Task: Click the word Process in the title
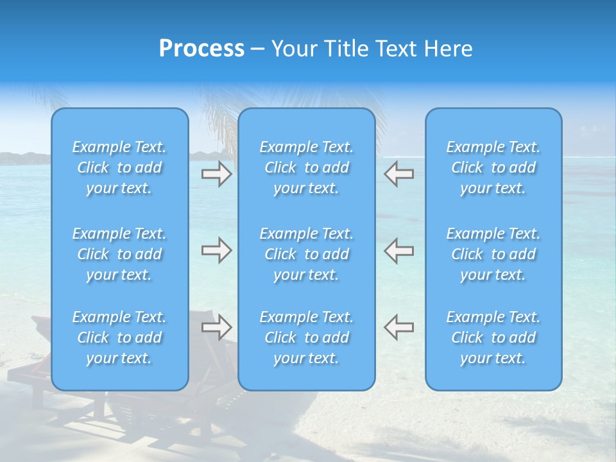(x=201, y=49)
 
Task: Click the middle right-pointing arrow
(x=216, y=250)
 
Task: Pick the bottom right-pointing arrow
(x=216, y=327)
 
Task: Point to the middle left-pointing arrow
(x=398, y=250)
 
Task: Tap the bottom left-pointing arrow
(x=398, y=327)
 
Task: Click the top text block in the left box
(x=119, y=167)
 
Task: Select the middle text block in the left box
(x=119, y=254)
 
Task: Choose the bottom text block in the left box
(x=119, y=338)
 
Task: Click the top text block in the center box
(x=307, y=167)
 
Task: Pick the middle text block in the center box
(x=307, y=254)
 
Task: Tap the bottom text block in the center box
(x=307, y=338)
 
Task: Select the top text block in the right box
(x=493, y=167)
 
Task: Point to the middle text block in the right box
(x=493, y=254)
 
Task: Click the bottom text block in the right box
(x=493, y=338)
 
